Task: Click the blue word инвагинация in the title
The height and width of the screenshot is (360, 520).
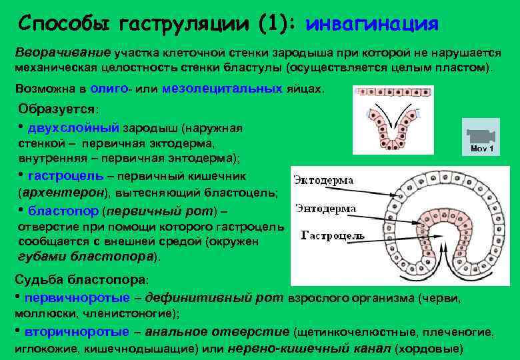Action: coord(371,24)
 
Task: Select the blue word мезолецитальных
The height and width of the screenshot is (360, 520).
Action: coord(222,88)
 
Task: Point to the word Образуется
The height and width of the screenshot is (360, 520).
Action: coord(57,108)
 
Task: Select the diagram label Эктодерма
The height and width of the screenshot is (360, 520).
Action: coord(324,180)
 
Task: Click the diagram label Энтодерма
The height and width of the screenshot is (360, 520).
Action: coord(324,207)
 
